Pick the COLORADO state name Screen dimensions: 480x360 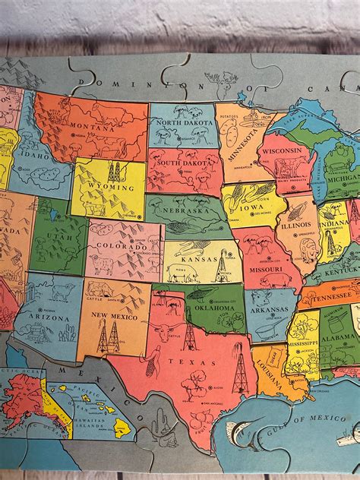122,245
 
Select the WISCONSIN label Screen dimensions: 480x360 287,150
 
